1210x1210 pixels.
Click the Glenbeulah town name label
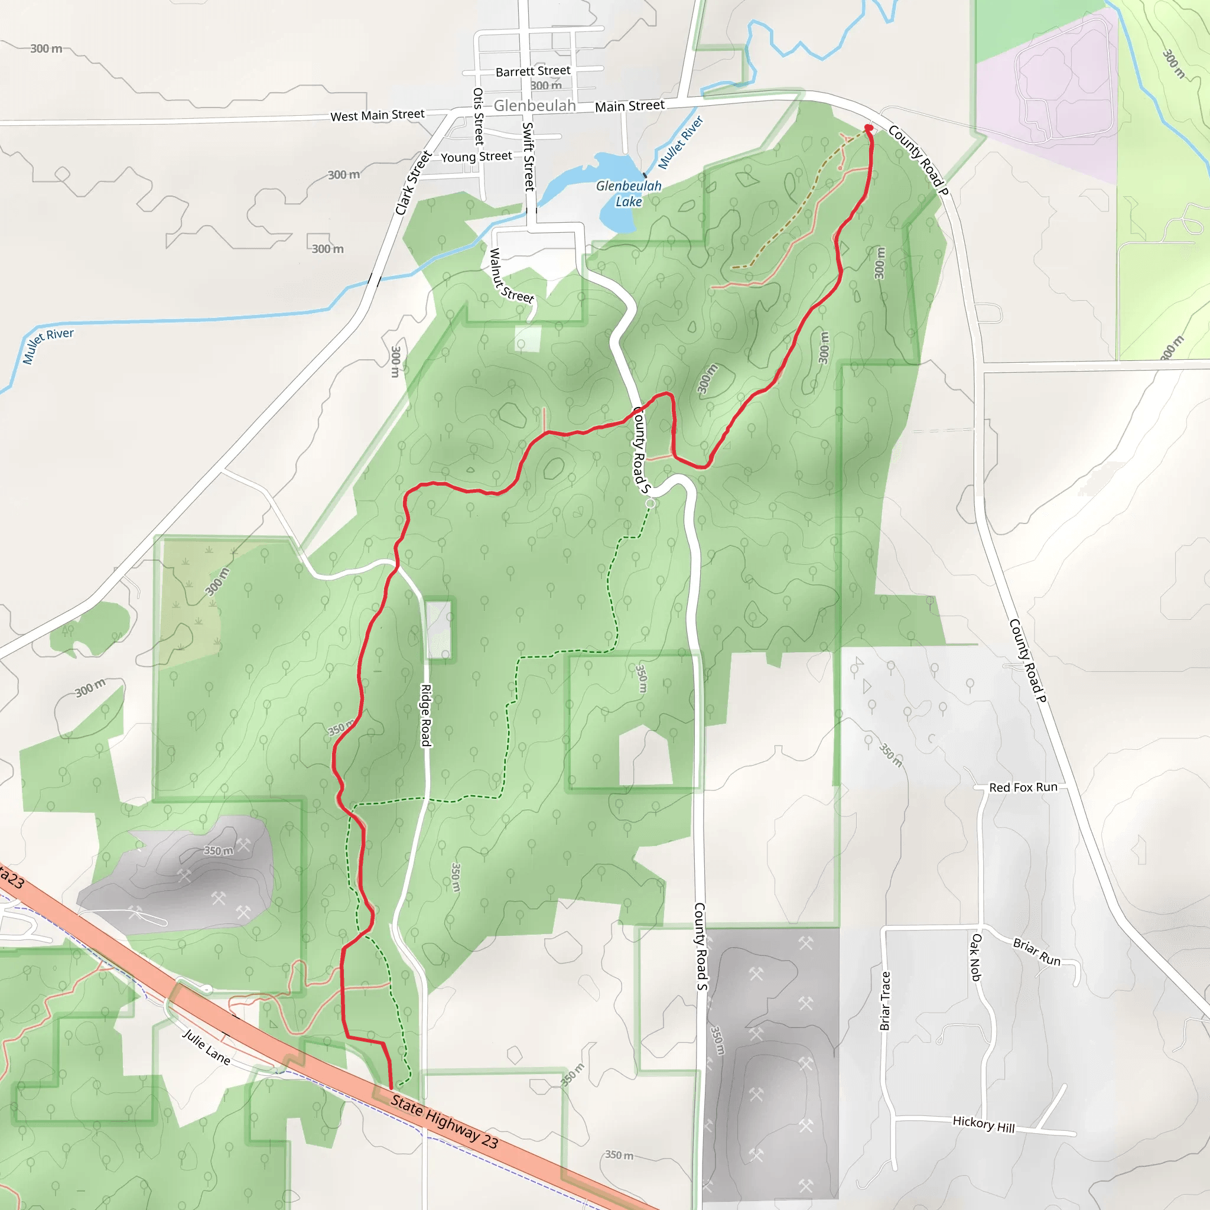534,105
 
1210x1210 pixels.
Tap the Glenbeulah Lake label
628,194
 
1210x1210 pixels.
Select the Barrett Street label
532,71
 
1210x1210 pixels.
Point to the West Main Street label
377,115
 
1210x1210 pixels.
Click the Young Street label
476,157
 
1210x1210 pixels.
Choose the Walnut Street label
510,276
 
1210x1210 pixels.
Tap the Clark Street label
414,183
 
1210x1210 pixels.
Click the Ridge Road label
426,715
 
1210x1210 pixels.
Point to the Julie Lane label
206,1046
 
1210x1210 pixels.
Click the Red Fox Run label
1023,787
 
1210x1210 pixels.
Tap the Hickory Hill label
983,1124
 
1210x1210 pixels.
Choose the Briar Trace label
885,1000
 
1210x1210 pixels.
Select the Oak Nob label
976,957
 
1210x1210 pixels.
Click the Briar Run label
1036,952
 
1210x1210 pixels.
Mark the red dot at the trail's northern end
869,128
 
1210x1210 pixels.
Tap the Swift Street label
529,157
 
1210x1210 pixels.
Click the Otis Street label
479,116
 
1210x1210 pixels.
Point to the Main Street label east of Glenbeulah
629,106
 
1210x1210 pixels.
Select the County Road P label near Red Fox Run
1028,660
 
